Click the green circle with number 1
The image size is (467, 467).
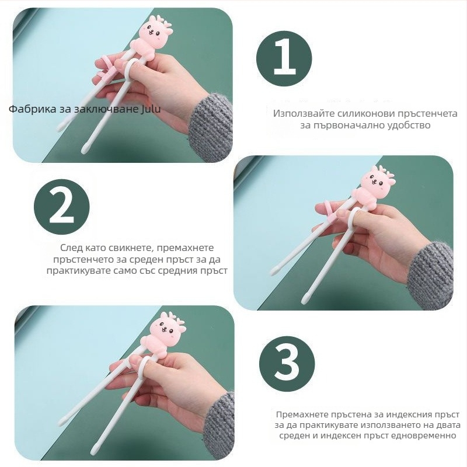click(284, 58)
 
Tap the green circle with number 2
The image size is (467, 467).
click(62, 207)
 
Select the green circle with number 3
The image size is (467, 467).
click(287, 364)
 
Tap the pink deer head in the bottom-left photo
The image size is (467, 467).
click(168, 326)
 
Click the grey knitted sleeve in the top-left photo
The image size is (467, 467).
click(210, 128)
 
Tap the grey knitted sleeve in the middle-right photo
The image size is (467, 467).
click(431, 276)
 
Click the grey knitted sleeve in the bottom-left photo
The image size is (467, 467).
click(219, 426)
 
